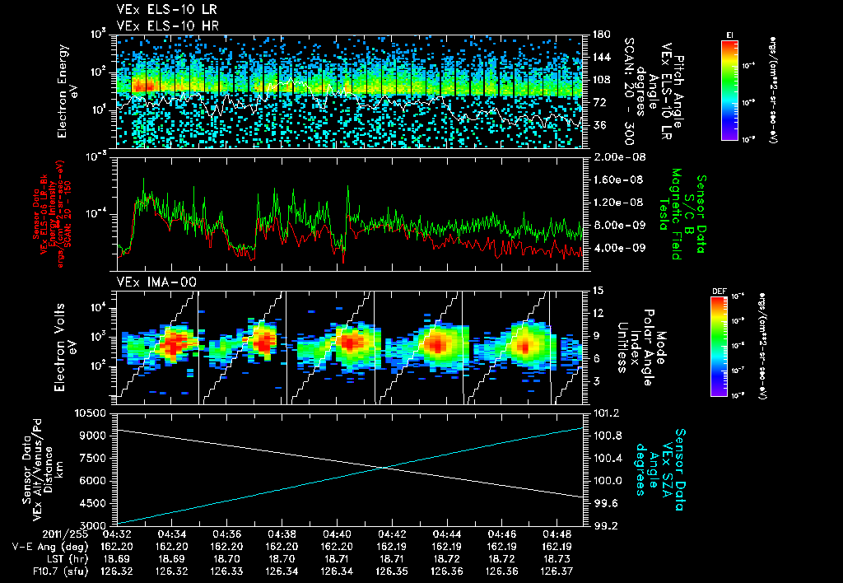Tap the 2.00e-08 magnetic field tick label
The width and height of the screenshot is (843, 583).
[x=618, y=156]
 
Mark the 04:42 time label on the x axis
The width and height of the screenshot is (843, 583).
[x=391, y=534]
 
